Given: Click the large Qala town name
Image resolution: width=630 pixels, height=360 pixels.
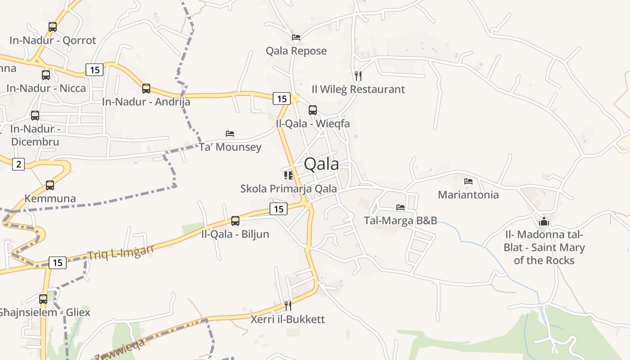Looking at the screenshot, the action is (x=321, y=164).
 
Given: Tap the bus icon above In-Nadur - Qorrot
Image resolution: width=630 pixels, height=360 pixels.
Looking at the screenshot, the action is (x=53, y=27).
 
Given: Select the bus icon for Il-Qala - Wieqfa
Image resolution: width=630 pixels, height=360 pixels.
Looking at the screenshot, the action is (x=313, y=110).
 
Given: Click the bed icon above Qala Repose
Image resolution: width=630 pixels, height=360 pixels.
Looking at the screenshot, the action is (x=296, y=37).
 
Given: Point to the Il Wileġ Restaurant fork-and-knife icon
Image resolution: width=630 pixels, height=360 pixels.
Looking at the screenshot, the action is (x=358, y=76).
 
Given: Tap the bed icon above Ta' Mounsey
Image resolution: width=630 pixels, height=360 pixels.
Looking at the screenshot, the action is (x=230, y=134).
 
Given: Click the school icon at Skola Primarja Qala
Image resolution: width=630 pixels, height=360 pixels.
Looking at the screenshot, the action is (x=288, y=175).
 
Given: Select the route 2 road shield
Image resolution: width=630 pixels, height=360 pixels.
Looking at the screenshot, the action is (x=18, y=164).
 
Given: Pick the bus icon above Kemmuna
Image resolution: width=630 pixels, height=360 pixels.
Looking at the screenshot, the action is (x=50, y=185).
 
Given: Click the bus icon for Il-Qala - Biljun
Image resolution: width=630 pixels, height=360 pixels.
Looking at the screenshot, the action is (x=235, y=221).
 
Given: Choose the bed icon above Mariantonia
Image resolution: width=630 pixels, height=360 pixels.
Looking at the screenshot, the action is (x=468, y=181).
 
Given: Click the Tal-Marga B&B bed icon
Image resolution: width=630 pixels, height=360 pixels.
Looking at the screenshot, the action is (x=400, y=207).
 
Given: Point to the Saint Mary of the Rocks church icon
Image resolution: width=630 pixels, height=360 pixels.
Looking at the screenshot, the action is (x=544, y=221).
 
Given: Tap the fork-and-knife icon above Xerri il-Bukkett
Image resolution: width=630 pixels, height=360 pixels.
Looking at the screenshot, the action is (x=288, y=306).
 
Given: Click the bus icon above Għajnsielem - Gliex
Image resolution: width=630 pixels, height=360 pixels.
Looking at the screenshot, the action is (x=43, y=299).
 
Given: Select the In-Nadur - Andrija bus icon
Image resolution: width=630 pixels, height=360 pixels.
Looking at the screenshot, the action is (x=146, y=89).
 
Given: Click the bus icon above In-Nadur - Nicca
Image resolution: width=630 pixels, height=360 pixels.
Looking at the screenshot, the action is (x=46, y=75).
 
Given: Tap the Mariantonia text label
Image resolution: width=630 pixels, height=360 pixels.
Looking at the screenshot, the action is (x=468, y=195).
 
